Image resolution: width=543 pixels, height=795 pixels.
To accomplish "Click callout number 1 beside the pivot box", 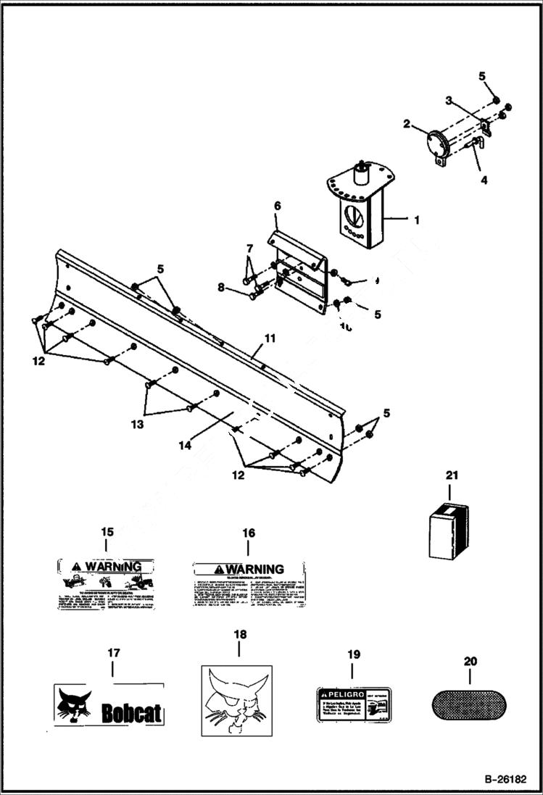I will pos(415,217).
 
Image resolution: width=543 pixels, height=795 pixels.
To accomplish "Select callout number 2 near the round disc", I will pos(407,124).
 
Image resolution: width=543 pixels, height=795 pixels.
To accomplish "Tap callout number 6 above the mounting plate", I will pos(276,206).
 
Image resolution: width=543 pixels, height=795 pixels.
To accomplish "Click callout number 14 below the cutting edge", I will pos(186,446).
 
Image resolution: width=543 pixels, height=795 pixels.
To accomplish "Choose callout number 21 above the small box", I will pos(452,475).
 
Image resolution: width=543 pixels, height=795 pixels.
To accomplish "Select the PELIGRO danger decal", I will pos(352,704).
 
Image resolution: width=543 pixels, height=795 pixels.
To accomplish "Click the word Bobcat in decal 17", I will pos(131,713).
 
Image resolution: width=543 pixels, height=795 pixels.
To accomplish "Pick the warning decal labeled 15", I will pos(107,583).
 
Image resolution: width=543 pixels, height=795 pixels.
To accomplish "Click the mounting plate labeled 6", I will pos(299,275).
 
